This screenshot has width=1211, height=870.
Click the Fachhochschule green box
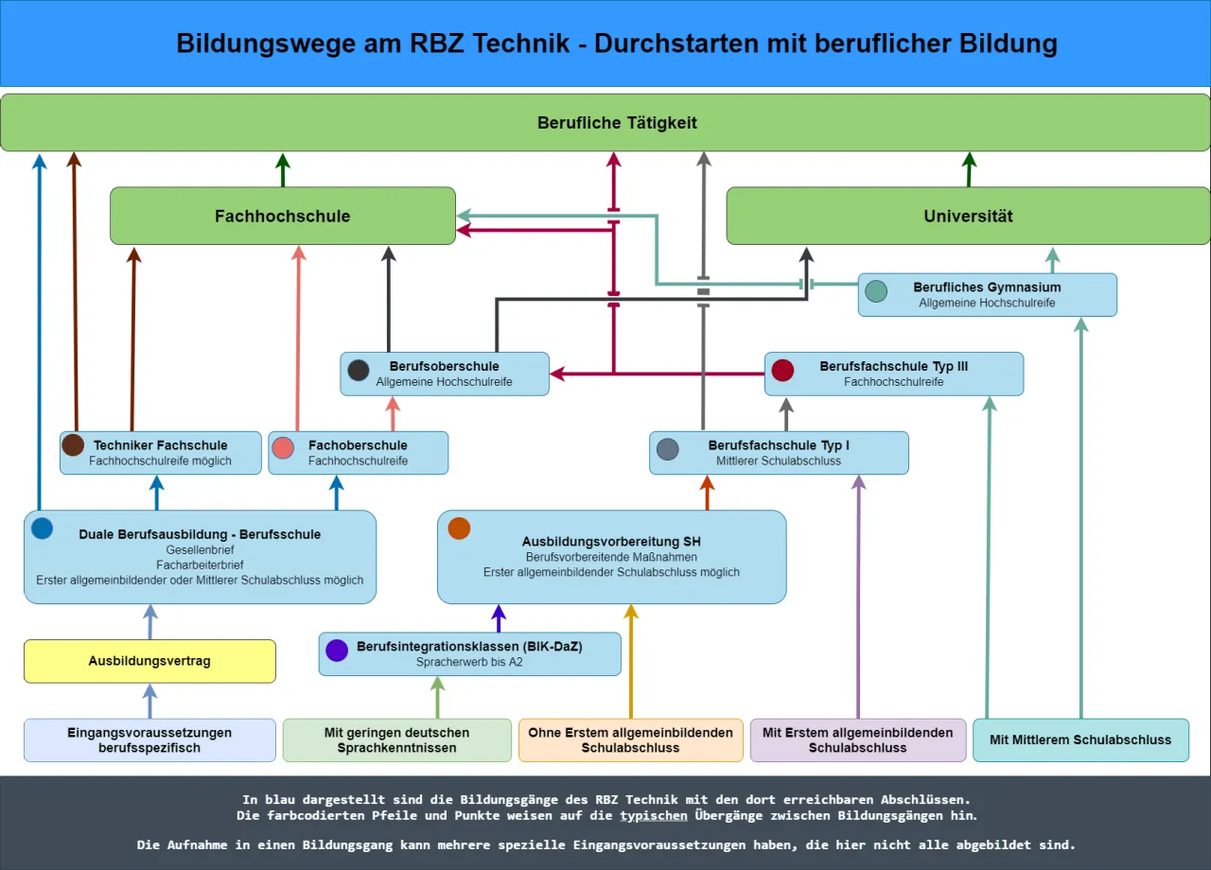tap(282, 216)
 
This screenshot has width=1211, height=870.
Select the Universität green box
tap(968, 216)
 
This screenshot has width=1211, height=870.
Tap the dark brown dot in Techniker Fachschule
tap(73, 445)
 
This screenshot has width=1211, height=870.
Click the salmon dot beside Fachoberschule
tap(283, 447)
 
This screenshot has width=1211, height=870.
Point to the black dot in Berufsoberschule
tap(359, 370)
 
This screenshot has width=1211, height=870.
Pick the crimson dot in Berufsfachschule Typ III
tap(782, 370)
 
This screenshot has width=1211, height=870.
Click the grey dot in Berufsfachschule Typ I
tap(668, 449)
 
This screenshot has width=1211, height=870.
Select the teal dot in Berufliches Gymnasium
tap(876, 291)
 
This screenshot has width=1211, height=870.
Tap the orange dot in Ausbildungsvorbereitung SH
tap(459, 529)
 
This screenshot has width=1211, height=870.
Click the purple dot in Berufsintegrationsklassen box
tap(337, 650)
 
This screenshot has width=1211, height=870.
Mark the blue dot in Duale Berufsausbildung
tap(42, 529)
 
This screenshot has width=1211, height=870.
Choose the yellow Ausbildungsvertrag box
tap(149, 661)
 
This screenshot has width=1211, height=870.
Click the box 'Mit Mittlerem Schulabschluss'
tap(1080, 739)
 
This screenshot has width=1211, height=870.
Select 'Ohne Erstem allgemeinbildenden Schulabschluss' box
tap(630, 739)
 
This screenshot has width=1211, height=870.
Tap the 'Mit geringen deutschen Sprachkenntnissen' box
tap(396, 739)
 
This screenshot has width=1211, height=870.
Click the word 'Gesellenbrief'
tap(199, 549)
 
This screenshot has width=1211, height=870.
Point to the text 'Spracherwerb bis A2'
tap(469, 662)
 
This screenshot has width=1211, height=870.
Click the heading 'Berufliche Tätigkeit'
tap(617, 123)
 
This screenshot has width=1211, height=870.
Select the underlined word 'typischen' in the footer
tap(655, 815)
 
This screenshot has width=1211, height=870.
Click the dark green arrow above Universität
tap(969, 169)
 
